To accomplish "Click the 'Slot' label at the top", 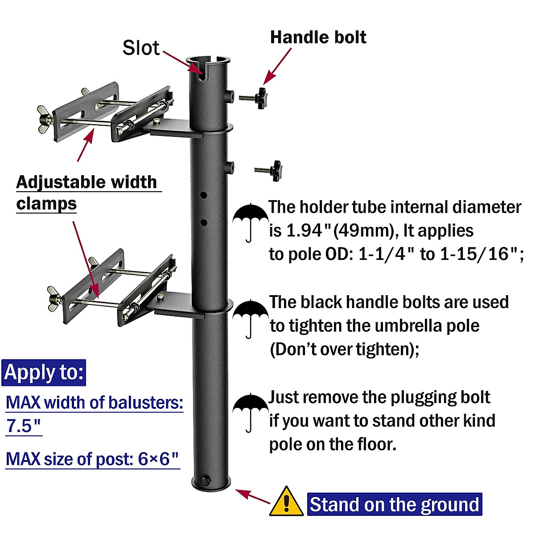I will coord(141,48).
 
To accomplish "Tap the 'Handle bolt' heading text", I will coord(318,37).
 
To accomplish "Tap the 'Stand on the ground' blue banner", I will coord(395,505).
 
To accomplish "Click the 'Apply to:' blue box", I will coord(44,373).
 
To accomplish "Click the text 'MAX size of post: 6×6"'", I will coord(93,459).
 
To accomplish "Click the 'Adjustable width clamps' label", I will coord(87,193).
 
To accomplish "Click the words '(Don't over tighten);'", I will coord(345,349).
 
